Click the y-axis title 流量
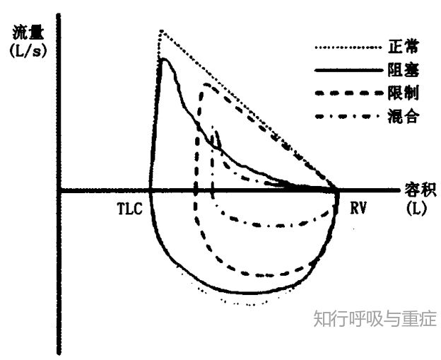click(x=28, y=33)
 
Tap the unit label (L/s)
click(x=28, y=51)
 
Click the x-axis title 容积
click(x=421, y=190)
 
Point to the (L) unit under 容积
click(x=416, y=209)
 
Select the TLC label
click(x=129, y=209)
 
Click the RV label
click(x=358, y=209)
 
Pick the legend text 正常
click(x=403, y=47)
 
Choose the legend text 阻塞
click(x=403, y=70)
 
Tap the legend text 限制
click(x=403, y=93)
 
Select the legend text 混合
click(x=403, y=116)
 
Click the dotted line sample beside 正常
click(x=348, y=47)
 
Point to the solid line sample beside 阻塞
click(x=348, y=70)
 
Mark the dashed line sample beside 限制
click(x=348, y=93)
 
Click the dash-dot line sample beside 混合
click(x=348, y=116)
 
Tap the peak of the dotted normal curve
click(x=161, y=30)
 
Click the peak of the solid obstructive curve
click(x=164, y=59)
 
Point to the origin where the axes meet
click(x=59, y=190)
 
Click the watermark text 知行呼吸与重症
click(x=375, y=318)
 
